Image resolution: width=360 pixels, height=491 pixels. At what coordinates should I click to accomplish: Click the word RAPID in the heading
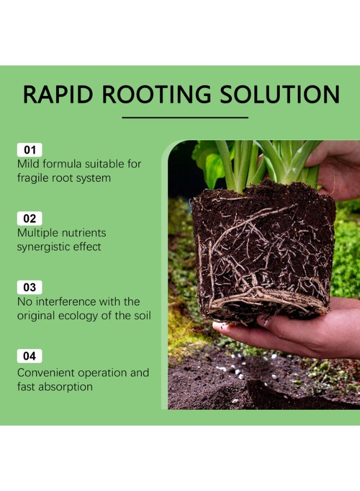[x=58, y=94]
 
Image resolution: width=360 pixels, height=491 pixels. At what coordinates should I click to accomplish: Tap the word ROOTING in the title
[x=157, y=94]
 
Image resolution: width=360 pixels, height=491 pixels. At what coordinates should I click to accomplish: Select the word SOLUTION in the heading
[x=280, y=94]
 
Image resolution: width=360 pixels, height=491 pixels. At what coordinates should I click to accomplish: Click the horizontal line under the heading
[x=185, y=118]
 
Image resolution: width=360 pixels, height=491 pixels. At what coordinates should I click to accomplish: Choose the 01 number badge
[x=29, y=149]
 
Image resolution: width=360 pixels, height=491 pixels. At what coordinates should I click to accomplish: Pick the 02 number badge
[x=29, y=219]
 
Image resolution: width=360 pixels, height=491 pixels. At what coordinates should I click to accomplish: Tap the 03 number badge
[x=29, y=288]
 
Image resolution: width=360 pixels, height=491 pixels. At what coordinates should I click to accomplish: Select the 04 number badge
[x=29, y=356]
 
